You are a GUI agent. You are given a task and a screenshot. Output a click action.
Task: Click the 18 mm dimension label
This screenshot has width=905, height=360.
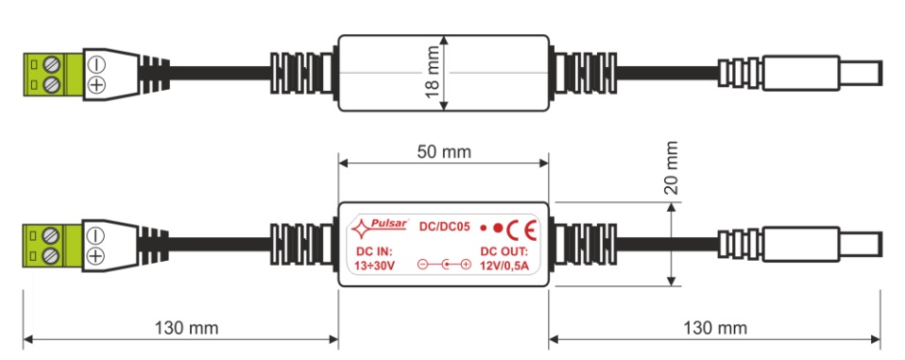[x=433, y=73]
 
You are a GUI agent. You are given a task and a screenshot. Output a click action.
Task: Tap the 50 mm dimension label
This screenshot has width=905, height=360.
[x=444, y=152]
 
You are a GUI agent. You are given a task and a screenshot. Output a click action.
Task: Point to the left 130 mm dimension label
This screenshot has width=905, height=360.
[x=186, y=328]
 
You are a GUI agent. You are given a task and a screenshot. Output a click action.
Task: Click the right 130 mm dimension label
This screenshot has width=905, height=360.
[x=715, y=328]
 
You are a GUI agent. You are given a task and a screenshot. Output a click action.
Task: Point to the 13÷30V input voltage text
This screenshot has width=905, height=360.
[x=375, y=266]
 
